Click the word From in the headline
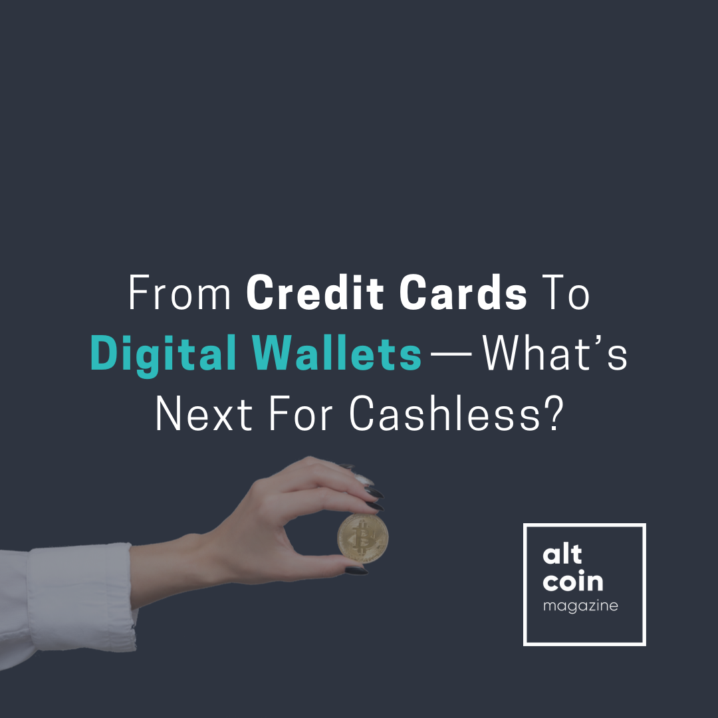[179, 292]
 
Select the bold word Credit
[315, 292]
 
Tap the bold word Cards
[463, 292]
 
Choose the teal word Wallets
[336, 353]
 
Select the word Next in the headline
[204, 413]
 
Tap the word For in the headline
[300, 413]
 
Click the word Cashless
[445, 413]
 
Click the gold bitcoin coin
[363, 538]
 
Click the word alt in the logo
[562, 554]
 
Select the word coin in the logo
[573, 581]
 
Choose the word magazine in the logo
[580, 606]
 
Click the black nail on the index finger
[374, 493]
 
